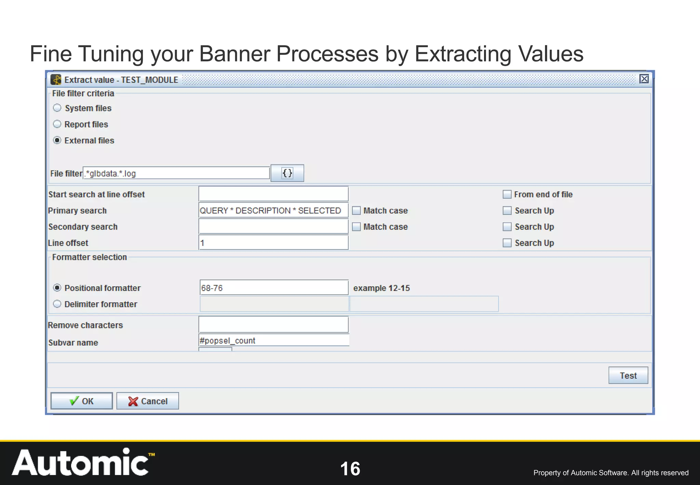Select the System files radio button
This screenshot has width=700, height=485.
[x=57, y=108]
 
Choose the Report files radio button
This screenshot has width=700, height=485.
[x=57, y=124]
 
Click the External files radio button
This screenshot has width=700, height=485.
[x=57, y=140]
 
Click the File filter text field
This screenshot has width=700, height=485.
[x=176, y=173]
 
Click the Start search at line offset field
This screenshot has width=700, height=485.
[x=273, y=194]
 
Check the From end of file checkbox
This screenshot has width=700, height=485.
[x=507, y=194]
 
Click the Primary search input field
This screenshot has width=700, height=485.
[x=273, y=210]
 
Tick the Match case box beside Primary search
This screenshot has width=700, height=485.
[x=356, y=210]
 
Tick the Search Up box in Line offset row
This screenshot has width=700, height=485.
[x=507, y=243]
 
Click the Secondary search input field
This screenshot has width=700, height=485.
[x=273, y=226]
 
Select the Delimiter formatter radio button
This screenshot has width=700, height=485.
[x=57, y=304]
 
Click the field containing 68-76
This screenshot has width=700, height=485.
[x=273, y=288]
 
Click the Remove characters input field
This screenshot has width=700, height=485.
[x=273, y=325]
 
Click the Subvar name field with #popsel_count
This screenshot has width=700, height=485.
[x=273, y=340]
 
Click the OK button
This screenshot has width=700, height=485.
[x=81, y=401]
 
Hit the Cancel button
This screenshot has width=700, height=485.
[x=147, y=401]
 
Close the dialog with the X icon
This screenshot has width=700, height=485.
[x=644, y=79]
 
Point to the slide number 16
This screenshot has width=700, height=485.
[x=350, y=469]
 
